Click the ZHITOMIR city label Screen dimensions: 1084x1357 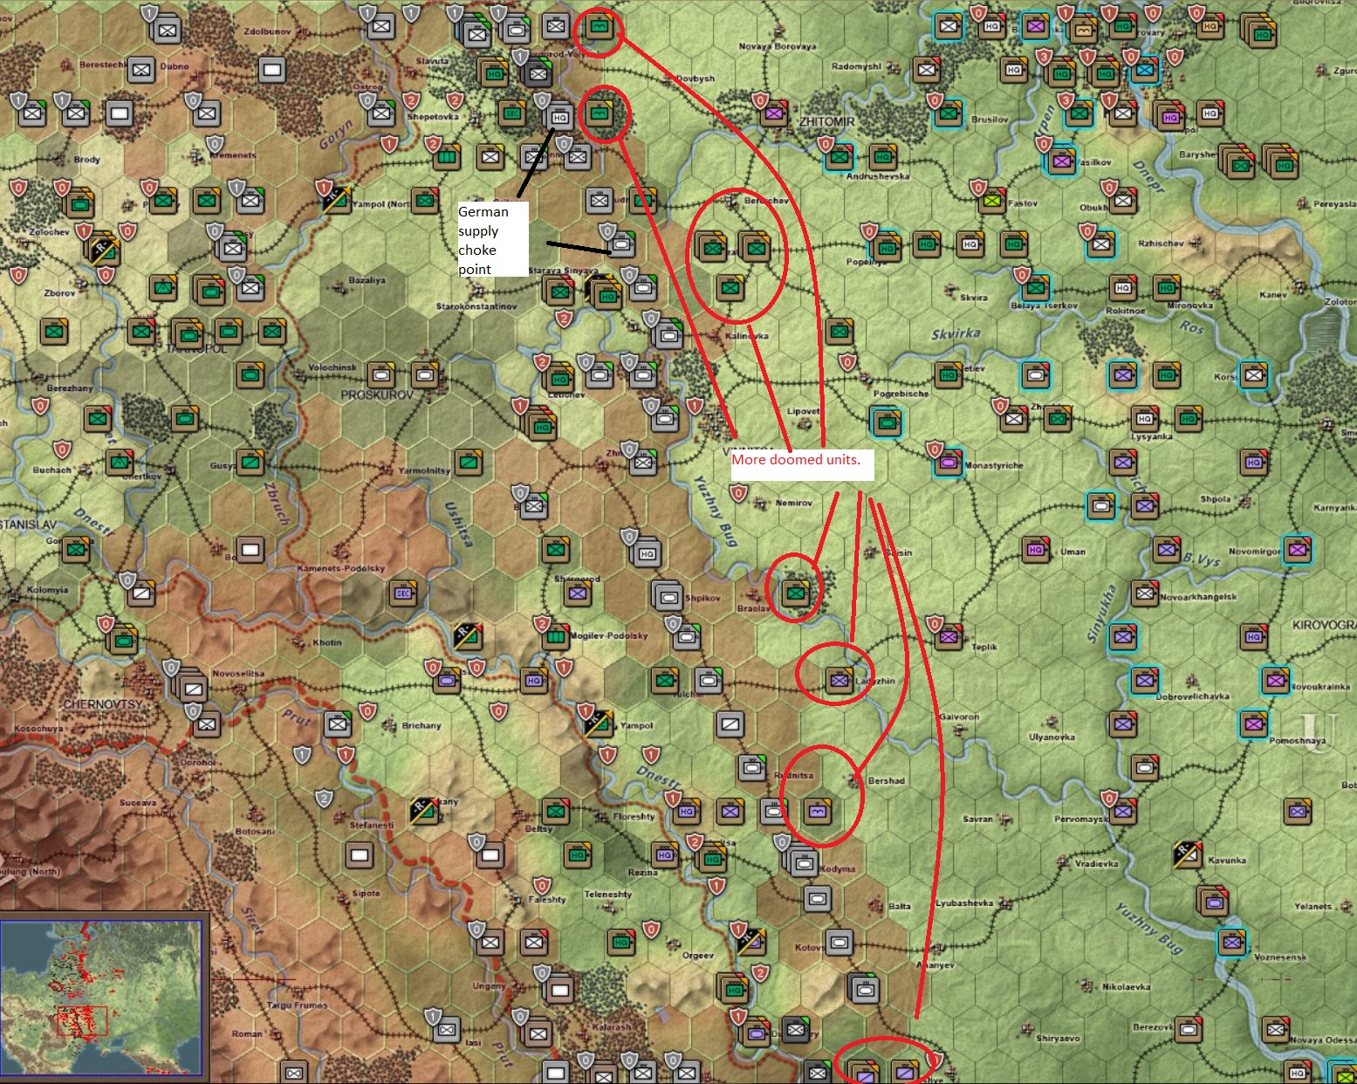[x=826, y=121]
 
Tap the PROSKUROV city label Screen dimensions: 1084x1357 [x=377, y=394]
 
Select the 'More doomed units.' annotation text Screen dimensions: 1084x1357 [x=796, y=460]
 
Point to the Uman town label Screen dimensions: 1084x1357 [x=1073, y=552]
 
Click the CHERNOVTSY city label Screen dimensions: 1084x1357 [x=102, y=703]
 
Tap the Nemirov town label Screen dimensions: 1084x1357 [x=793, y=503]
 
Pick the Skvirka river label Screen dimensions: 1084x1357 [x=956, y=334]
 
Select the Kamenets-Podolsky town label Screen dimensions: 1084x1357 [x=340, y=568]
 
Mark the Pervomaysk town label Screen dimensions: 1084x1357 [x=1080, y=819]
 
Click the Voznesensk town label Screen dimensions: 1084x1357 [x=1279, y=957]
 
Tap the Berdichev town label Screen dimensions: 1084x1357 [x=766, y=201]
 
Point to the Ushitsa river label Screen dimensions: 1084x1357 [x=458, y=524]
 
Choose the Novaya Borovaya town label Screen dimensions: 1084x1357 [x=777, y=46]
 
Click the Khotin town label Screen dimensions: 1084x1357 [x=327, y=642]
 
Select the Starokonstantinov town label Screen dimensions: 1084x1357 [x=476, y=306]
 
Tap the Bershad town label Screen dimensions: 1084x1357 [x=886, y=780]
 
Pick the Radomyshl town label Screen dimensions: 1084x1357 [x=856, y=66]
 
